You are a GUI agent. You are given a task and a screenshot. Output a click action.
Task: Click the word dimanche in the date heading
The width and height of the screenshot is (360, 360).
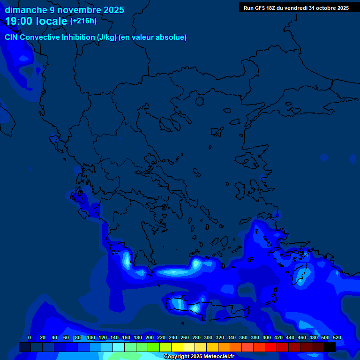pyautogui.click(x=26, y=10)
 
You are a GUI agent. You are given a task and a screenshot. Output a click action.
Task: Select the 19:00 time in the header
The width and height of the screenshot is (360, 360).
pyautogui.click(x=19, y=22)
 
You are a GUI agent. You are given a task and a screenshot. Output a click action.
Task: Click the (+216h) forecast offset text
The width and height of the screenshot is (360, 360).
pyautogui.click(x=83, y=21)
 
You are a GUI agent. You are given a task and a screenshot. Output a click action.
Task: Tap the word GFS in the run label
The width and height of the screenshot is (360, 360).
pyautogui.click(x=260, y=8)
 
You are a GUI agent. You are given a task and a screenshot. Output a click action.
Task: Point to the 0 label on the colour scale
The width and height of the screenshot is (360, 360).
pyautogui.click(x=30, y=337)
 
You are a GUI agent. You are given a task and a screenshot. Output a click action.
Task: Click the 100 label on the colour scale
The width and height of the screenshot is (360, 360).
pyautogui.click(x=91, y=337)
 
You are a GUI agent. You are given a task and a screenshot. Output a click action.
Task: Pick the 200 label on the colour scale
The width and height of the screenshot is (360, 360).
pyautogui.click(x=150, y=337)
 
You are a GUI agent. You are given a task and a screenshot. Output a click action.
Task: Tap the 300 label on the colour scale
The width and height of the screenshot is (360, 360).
pyautogui.click(x=208, y=337)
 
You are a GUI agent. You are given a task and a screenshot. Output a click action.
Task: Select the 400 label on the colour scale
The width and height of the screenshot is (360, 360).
pyautogui.click(x=267, y=337)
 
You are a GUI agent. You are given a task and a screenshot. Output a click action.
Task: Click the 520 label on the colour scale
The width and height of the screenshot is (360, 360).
pyautogui.click(x=337, y=337)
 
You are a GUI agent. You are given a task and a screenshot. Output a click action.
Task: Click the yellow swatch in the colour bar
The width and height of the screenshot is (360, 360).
pyautogui.click(x=177, y=347)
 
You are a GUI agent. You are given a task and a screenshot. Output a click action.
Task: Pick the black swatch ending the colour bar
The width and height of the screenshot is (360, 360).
pyautogui.click(x=330, y=347)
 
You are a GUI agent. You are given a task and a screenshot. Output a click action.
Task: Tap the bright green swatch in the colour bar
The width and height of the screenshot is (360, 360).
pyautogui.click(x=154, y=347)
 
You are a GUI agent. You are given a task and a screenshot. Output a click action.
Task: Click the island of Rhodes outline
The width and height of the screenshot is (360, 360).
pyautogui.click(x=300, y=274)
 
